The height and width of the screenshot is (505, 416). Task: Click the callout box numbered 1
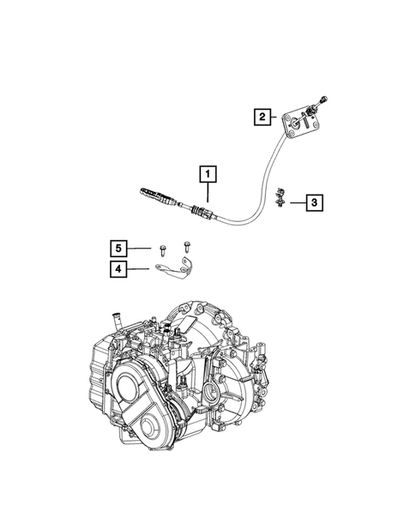pyautogui.click(x=207, y=174)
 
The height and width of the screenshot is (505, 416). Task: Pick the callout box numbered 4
pyautogui.click(x=120, y=270)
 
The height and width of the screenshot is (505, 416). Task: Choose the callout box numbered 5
pyautogui.click(x=120, y=249)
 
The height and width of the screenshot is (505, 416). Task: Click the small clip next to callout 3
pyautogui.click(x=281, y=200)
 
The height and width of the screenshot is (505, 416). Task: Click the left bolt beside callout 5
pyautogui.click(x=161, y=249)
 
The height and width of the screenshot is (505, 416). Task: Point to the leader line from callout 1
pyautogui.click(x=207, y=194)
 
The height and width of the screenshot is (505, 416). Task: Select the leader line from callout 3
pyautogui.click(x=297, y=203)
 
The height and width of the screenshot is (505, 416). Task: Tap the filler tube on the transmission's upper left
pyautogui.click(x=112, y=322)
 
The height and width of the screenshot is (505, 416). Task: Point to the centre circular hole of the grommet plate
pyautogui.click(x=297, y=124)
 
